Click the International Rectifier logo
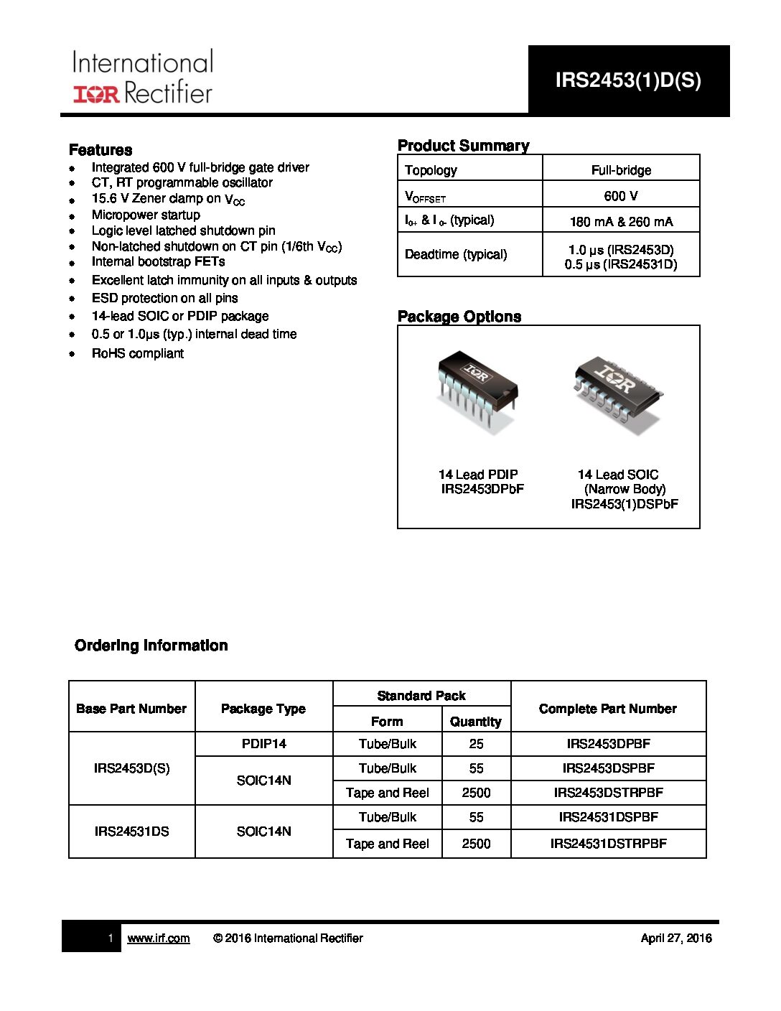tap(142, 78)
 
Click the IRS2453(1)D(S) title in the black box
tap(628, 80)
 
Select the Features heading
tap(100, 150)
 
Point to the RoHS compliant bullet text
tap(138, 353)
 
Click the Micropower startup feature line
tap(146, 215)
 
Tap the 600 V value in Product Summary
tap(621, 195)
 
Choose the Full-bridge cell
tap(621, 170)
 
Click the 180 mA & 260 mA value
tap(621, 222)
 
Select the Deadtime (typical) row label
tap(456, 254)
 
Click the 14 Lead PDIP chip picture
tap(477, 392)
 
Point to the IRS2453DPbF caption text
tap(482, 489)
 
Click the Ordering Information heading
tap(151, 646)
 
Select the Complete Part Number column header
tap(607, 709)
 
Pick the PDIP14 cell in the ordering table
tap(263, 744)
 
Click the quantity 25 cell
tap(476, 744)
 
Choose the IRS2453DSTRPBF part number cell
tap(608, 793)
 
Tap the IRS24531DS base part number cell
tap(132, 831)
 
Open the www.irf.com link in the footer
tap(159, 938)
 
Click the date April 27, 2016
tap(675, 938)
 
